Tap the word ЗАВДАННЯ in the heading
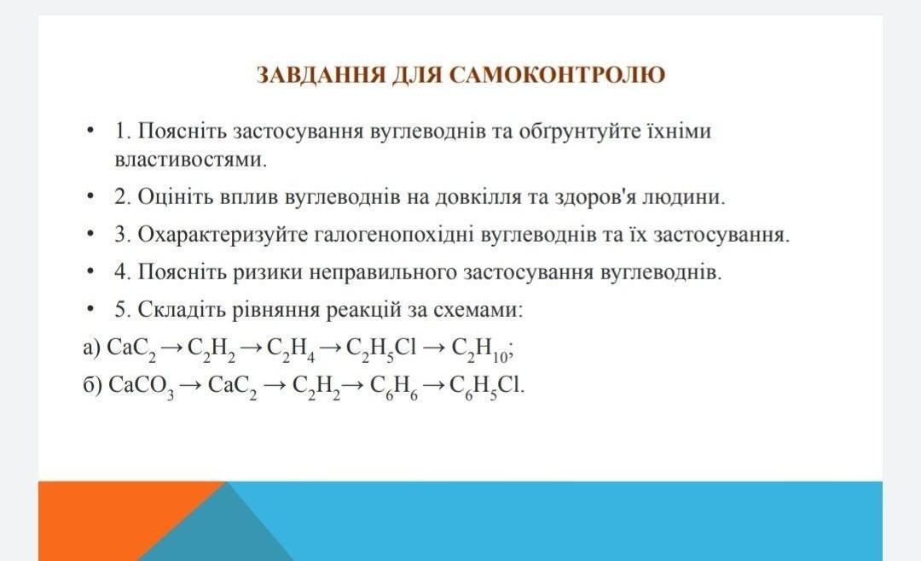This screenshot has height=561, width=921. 321,75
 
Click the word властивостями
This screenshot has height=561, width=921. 191,160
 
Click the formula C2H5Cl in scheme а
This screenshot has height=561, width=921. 381,349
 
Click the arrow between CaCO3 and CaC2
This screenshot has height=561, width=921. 191,386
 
